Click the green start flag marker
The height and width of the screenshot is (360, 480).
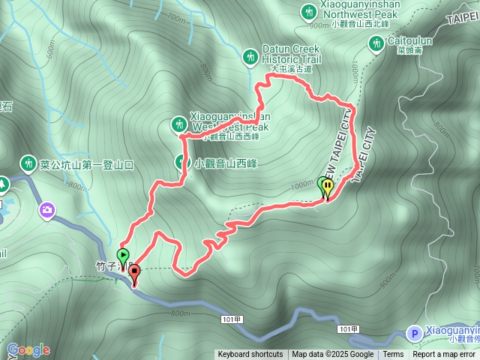(x=124, y=255)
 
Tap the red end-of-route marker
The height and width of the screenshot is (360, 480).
(x=134, y=273)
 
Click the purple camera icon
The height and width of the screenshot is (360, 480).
(x=47, y=210)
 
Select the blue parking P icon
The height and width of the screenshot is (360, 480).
(x=413, y=333)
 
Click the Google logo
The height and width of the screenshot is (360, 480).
(x=28, y=349)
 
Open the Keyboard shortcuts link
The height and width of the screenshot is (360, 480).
(x=250, y=355)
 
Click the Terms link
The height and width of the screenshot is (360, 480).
(x=393, y=355)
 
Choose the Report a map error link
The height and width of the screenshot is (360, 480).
(x=445, y=355)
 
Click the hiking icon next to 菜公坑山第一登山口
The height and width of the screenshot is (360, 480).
(x=28, y=163)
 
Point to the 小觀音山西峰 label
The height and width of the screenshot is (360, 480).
(x=225, y=162)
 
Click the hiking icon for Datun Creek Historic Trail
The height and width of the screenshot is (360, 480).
(x=250, y=56)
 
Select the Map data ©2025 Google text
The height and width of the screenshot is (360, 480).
(x=333, y=355)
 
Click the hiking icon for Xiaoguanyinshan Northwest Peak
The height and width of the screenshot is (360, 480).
(x=308, y=11)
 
